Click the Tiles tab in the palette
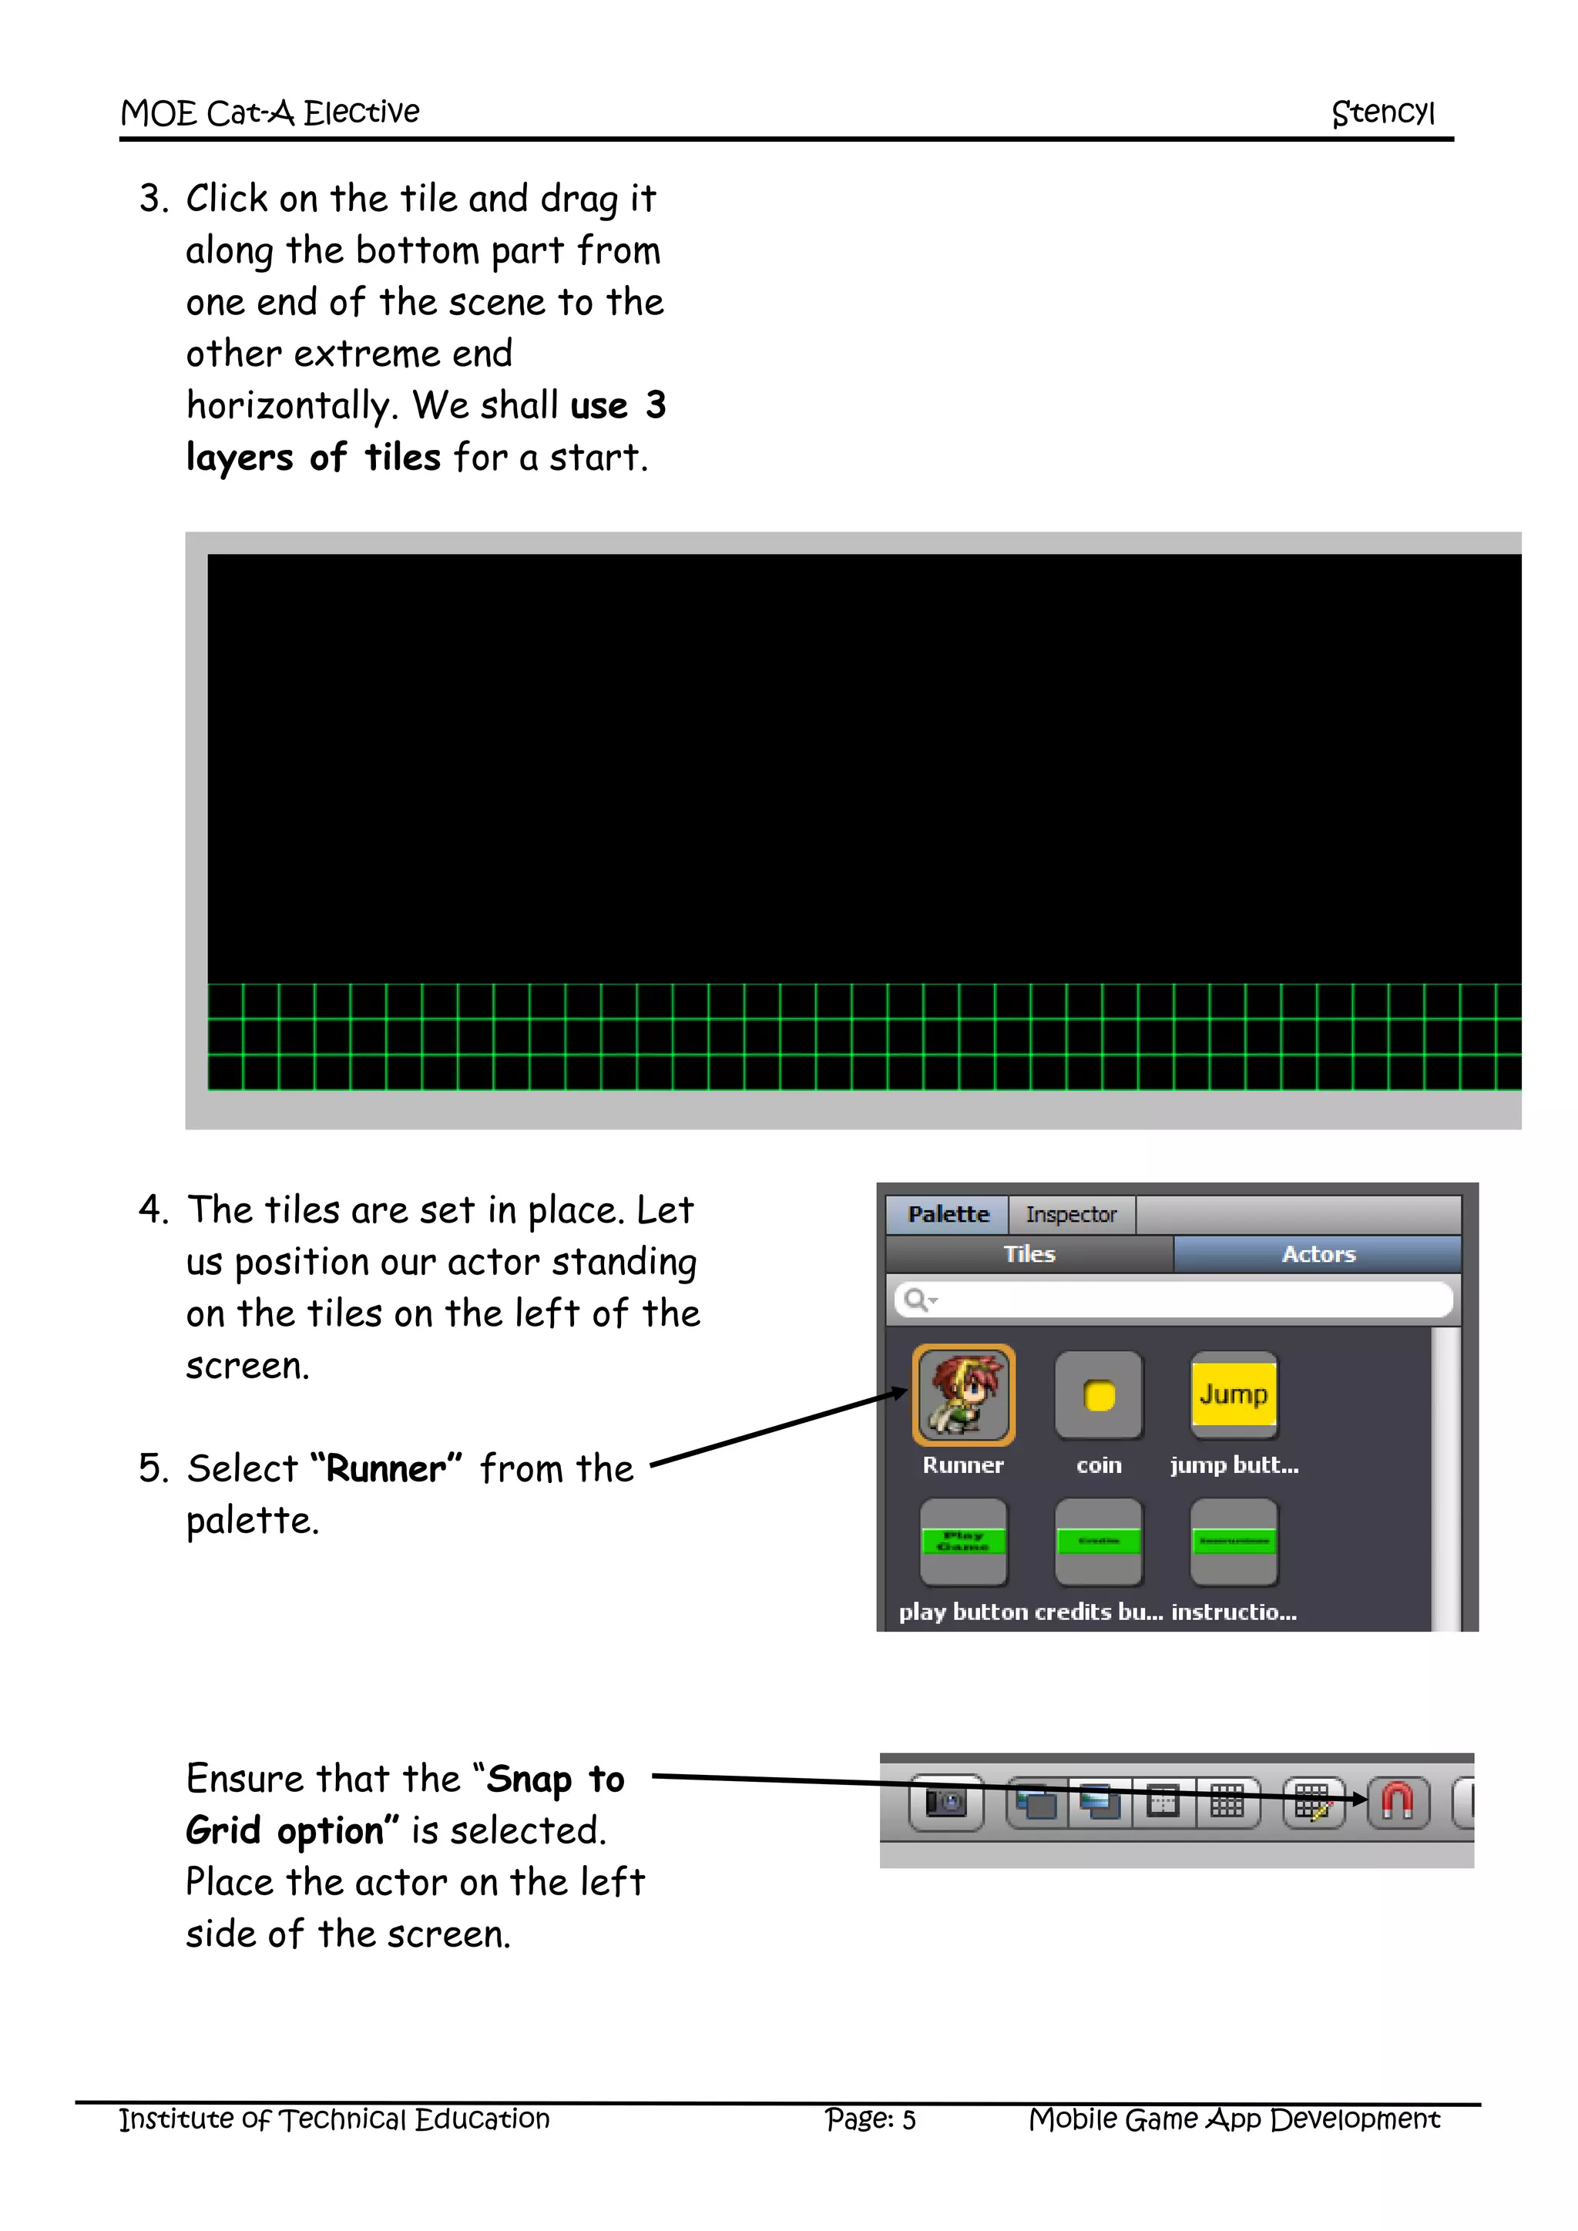1029,1253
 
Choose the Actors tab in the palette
1318,1253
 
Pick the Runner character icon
963,1395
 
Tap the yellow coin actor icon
1099,1395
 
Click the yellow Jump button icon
1233,1394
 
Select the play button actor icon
963,1541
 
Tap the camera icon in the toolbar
945,1803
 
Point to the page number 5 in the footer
908,2120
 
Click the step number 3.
150,200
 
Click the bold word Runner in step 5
386,1468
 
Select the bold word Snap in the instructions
529,1780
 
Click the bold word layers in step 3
239,457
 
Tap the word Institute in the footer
176,2119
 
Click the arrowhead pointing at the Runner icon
899,1394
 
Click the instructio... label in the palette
1233,1612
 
